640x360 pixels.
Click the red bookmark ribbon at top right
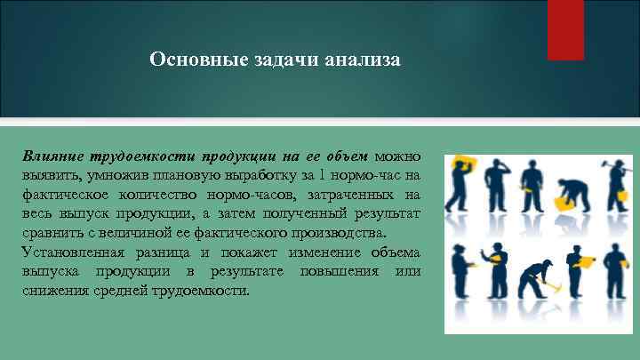[565, 28]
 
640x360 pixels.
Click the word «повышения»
[339, 271]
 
